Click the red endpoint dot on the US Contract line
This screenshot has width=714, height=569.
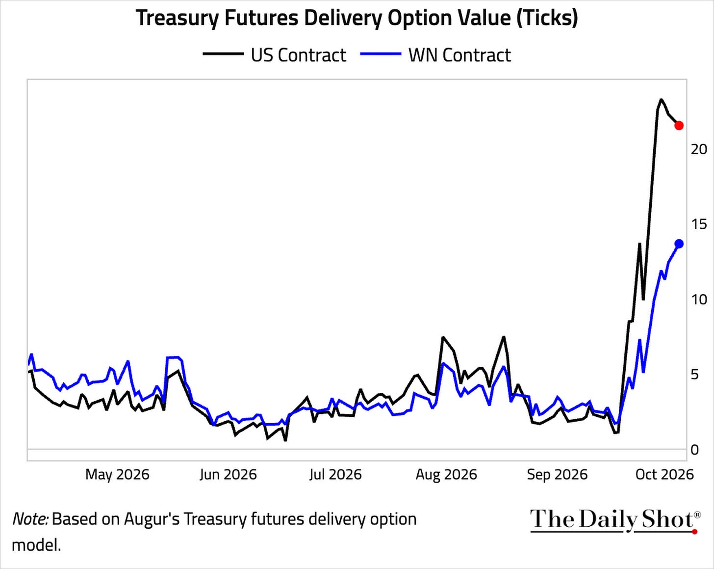(x=679, y=126)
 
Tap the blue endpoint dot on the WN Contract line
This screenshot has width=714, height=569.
(x=679, y=244)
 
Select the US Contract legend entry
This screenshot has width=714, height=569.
(x=275, y=55)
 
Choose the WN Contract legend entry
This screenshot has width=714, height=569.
(x=435, y=55)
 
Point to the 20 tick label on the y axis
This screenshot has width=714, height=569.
(x=699, y=149)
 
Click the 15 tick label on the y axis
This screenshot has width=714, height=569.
(x=699, y=224)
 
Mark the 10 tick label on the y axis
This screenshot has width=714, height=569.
(x=699, y=299)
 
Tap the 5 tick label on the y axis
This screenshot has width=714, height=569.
(x=695, y=375)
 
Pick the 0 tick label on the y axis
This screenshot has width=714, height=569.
(x=695, y=450)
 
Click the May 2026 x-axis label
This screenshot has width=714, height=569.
(x=117, y=475)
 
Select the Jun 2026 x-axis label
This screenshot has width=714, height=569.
(x=228, y=475)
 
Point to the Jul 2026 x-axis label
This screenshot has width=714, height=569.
(x=335, y=475)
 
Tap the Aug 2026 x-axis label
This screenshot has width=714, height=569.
(x=446, y=475)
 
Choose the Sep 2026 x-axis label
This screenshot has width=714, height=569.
(x=557, y=475)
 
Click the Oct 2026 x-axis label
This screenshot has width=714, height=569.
(x=664, y=475)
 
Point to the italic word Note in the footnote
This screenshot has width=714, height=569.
(x=30, y=519)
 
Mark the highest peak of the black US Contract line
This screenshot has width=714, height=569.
(x=661, y=99)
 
